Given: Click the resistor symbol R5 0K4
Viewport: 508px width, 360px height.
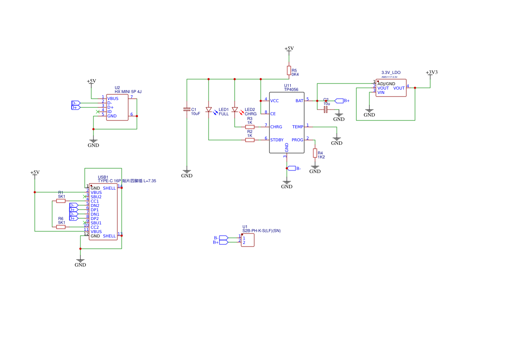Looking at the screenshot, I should (289, 70).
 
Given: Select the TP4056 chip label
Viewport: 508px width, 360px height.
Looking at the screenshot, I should (291, 90).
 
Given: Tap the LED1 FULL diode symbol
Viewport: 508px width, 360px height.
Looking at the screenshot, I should (209, 110).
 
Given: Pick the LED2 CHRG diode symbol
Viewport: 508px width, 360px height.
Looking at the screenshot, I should (235, 110).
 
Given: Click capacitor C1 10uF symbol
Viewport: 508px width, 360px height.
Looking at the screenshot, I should (187, 110).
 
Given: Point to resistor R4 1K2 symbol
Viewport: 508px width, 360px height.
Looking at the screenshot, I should (315, 153).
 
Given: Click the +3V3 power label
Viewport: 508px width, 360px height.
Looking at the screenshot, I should (431, 72).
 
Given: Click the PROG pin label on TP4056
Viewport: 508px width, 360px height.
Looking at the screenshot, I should (298, 140).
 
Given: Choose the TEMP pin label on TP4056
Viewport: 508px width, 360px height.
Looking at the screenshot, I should (298, 127).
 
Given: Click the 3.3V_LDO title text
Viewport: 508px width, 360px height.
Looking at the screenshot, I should (391, 73).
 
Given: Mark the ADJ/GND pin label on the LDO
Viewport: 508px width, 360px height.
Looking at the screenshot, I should (386, 83).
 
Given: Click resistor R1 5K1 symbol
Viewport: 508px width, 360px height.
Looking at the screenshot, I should (61, 201).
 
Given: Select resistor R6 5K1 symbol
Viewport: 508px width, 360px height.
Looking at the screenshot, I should (61, 227).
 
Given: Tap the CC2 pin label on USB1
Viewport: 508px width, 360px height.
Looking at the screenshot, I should (94, 227).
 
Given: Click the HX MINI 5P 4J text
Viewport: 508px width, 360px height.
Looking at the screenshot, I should (128, 92).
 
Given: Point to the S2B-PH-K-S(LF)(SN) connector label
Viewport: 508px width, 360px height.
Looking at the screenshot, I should (261, 231).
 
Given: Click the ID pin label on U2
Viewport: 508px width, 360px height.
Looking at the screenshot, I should (110, 112).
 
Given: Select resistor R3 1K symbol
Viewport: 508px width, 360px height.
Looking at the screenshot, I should (249, 127).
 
